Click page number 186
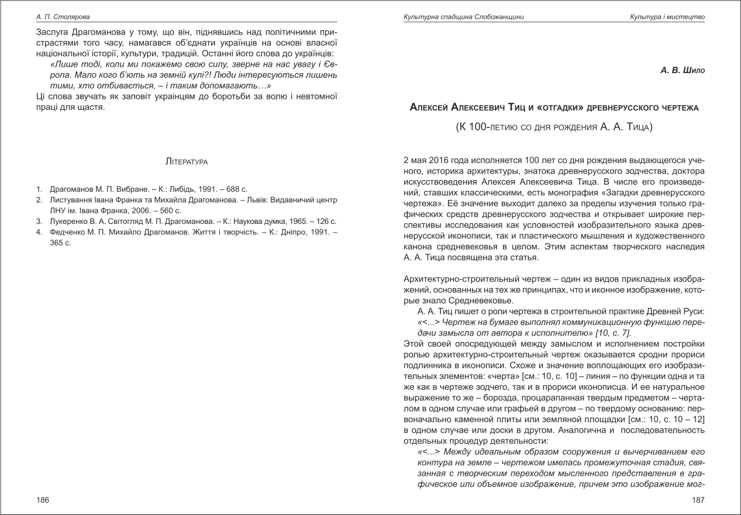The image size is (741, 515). [43, 500]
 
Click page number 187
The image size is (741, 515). [698, 500]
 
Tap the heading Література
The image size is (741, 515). [187, 160]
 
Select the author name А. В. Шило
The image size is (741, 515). [683, 71]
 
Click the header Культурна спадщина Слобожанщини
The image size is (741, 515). [464, 17]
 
